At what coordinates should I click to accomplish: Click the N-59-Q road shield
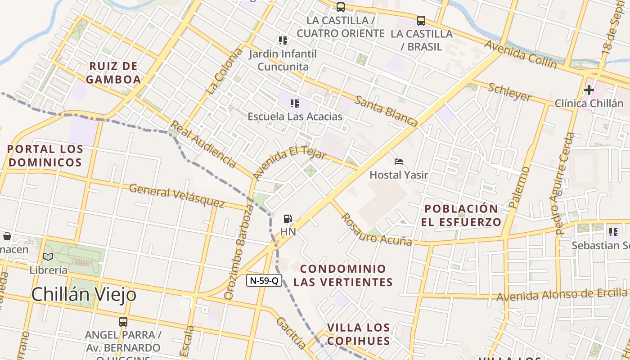click(x=264, y=280)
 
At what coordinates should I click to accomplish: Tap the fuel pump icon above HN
click(x=288, y=219)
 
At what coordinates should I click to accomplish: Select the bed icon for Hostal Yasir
click(x=398, y=162)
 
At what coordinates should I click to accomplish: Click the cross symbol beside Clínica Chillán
click(x=589, y=90)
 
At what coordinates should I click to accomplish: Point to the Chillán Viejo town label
click(x=84, y=295)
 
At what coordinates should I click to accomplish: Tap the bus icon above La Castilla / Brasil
click(x=421, y=21)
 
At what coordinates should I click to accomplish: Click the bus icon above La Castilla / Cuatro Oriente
click(x=341, y=7)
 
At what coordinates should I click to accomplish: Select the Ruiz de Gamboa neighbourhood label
click(x=113, y=73)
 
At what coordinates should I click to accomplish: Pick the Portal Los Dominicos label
click(x=45, y=156)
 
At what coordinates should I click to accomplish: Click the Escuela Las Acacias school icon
click(x=295, y=103)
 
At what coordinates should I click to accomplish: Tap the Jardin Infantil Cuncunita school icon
click(x=283, y=41)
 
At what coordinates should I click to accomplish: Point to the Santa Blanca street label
click(x=386, y=111)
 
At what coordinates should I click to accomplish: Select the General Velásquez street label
click(x=176, y=196)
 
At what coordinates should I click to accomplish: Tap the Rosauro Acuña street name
click(x=375, y=229)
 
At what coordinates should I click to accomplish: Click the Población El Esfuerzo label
click(x=462, y=215)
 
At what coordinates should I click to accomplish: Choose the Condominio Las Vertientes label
click(x=343, y=275)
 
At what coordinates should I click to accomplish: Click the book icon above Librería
click(x=48, y=257)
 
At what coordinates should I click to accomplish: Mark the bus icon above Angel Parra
click(x=123, y=322)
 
